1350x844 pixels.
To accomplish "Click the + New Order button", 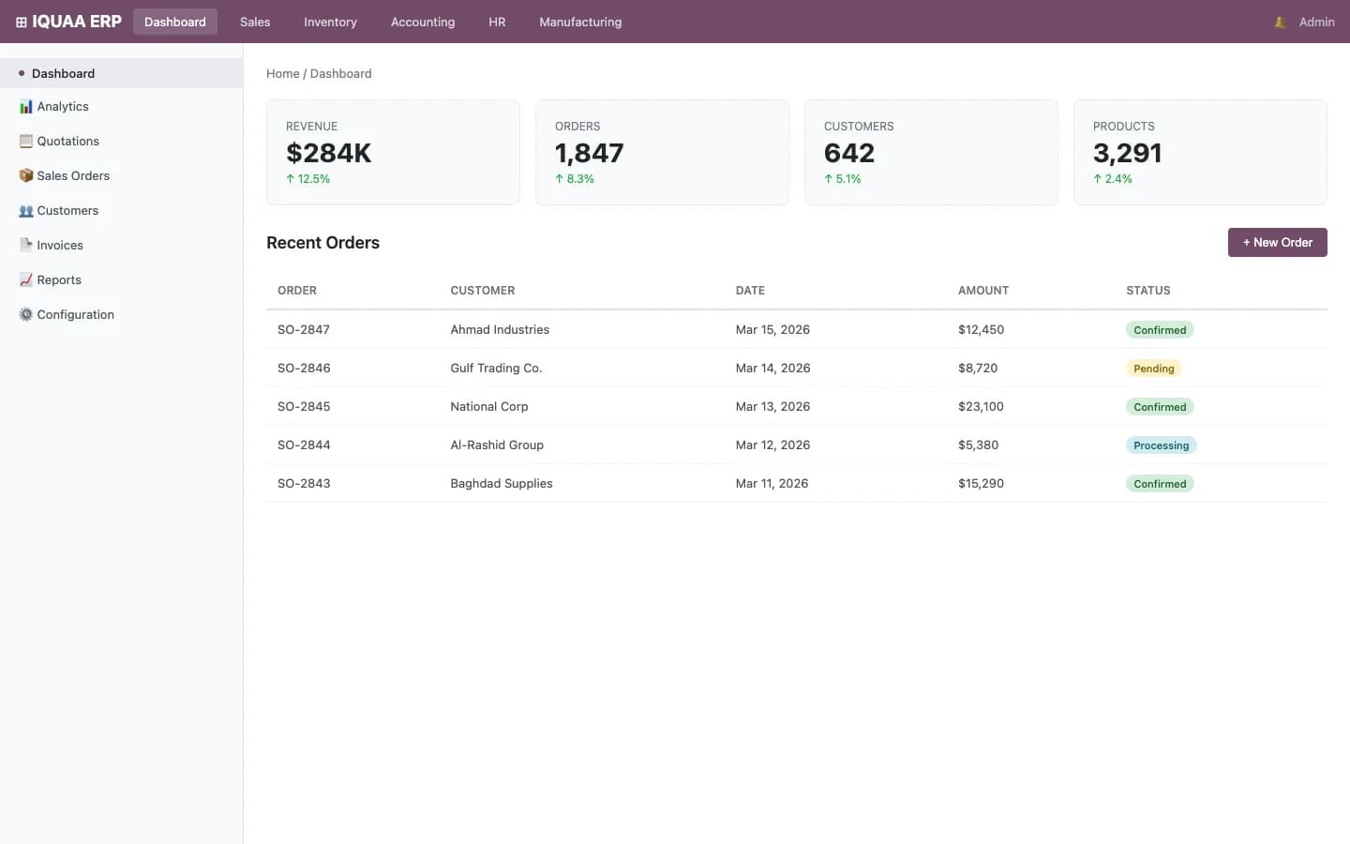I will [x=1277, y=242].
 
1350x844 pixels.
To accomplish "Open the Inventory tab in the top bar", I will [x=330, y=22].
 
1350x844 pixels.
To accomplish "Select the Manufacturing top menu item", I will [x=579, y=22].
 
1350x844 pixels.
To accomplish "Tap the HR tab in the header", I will [x=497, y=22].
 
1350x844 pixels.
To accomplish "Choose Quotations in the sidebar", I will [x=67, y=141].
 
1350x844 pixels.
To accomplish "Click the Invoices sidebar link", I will [x=60, y=245].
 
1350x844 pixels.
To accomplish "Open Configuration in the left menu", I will [x=75, y=314].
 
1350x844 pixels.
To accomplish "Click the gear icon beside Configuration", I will [x=26, y=314].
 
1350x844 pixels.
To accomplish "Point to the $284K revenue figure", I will [x=328, y=153].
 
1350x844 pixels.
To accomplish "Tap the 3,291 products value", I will [x=1127, y=153].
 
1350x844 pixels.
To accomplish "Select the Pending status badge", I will [x=1153, y=369].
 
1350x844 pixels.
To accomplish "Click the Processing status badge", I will [x=1161, y=445].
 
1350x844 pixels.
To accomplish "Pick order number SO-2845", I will [x=304, y=406].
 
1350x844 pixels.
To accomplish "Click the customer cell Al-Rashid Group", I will [x=497, y=445].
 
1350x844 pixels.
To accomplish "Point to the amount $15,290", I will [x=981, y=483].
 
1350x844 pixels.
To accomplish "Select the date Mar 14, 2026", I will [x=772, y=368].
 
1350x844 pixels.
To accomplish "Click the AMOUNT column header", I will [x=983, y=291].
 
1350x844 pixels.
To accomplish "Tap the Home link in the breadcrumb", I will [x=282, y=73].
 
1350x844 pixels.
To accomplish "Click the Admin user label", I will [x=1316, y=22].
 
